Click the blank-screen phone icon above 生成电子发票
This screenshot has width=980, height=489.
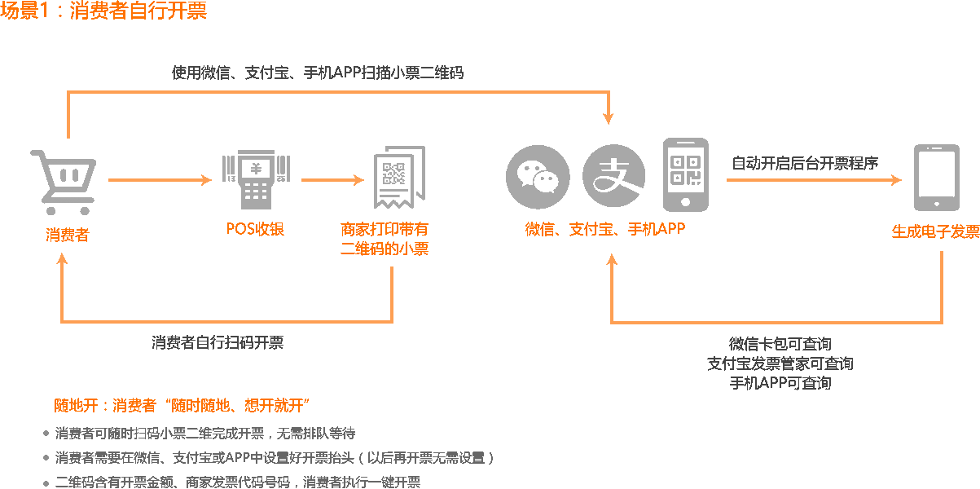(x=935, y=178)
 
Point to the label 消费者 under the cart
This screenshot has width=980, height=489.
(x=67, y=236)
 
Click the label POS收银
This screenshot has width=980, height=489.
(x=255, y=229)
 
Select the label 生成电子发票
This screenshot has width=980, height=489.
(x=935, y=231)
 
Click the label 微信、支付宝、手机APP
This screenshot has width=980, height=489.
(x=605, y=229)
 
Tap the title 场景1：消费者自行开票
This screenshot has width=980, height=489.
(x=103, y=11)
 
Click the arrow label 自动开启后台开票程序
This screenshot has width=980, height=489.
(x=805, y=163)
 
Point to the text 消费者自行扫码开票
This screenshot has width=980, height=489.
(x=218, y=343)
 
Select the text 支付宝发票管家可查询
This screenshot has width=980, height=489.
(x=780, y=363)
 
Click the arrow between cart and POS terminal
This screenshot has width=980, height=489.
(x=160, y=179)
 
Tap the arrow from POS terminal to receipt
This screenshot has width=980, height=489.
(x=332, y=179)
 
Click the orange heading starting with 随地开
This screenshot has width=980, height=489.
(x=183, y=406)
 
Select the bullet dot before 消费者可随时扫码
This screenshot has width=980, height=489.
(x=46, y=433)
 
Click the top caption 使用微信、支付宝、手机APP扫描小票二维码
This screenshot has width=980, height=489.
(x=318, y=73)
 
